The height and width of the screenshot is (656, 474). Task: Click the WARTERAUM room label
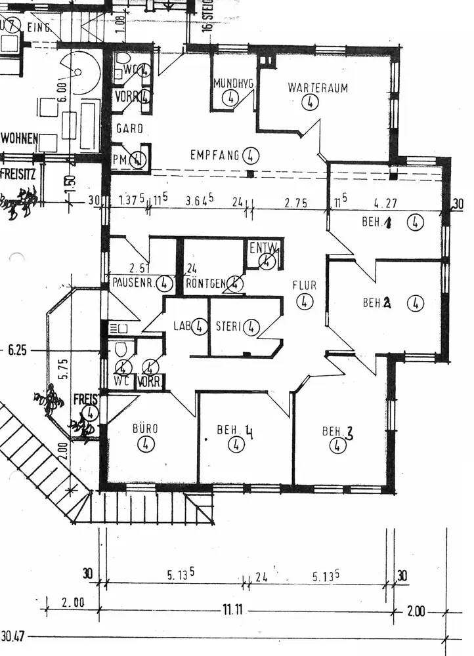(317, 87)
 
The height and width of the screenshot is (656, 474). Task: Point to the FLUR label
(305, 286)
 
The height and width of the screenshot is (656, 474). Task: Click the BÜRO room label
(146, 430)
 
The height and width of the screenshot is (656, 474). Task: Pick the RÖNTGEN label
(205, 284)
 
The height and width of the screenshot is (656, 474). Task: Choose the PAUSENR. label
(133, 284)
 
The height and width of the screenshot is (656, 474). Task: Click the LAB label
(181, 326)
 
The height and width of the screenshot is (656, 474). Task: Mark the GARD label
(129, 129)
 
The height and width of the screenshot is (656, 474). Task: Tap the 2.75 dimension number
(295, 203)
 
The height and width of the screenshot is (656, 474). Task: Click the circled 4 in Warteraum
(311, 102)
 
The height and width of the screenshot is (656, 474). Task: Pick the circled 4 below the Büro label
(146, 445)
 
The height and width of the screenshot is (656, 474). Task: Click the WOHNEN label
(20, 139)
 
